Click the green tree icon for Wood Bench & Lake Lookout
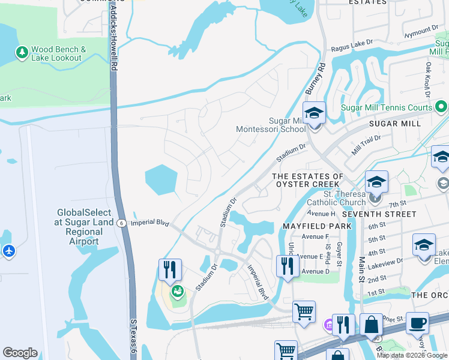[x=22, y=53]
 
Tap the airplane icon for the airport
[x=8, y=251]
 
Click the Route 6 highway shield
[x=121, y=223]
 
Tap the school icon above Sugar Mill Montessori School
[x=314, y=112]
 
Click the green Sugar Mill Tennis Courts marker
[x=441, y=107]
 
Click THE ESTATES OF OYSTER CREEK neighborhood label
[x=307, y=181]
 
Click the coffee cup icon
[x=417, y=323]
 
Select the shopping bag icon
[x=372, y=325]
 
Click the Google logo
[x=20, y=353]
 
